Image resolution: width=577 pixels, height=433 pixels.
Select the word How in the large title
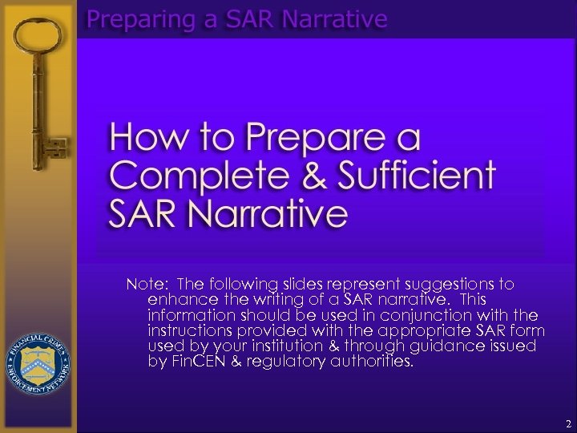tap(140, 139)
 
